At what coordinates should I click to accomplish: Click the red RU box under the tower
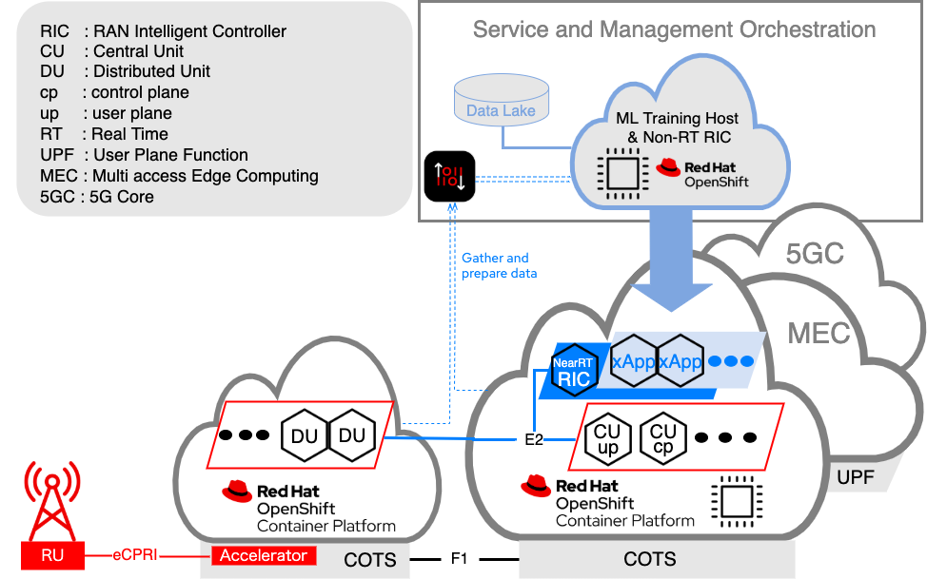point(52,555)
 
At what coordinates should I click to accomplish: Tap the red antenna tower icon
point(52,500)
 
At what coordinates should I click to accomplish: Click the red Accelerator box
point(263,555)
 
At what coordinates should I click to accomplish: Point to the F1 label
point(459,559)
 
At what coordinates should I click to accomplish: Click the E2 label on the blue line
point(534,440)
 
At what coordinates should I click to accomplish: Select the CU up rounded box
point(606,437)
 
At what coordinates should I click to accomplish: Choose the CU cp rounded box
point(662,437)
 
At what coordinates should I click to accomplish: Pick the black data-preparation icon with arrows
point(449,176)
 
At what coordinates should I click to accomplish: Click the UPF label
point(855,477)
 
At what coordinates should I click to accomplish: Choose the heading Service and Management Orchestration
point(674,29)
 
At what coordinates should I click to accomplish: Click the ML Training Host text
point(677,119)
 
